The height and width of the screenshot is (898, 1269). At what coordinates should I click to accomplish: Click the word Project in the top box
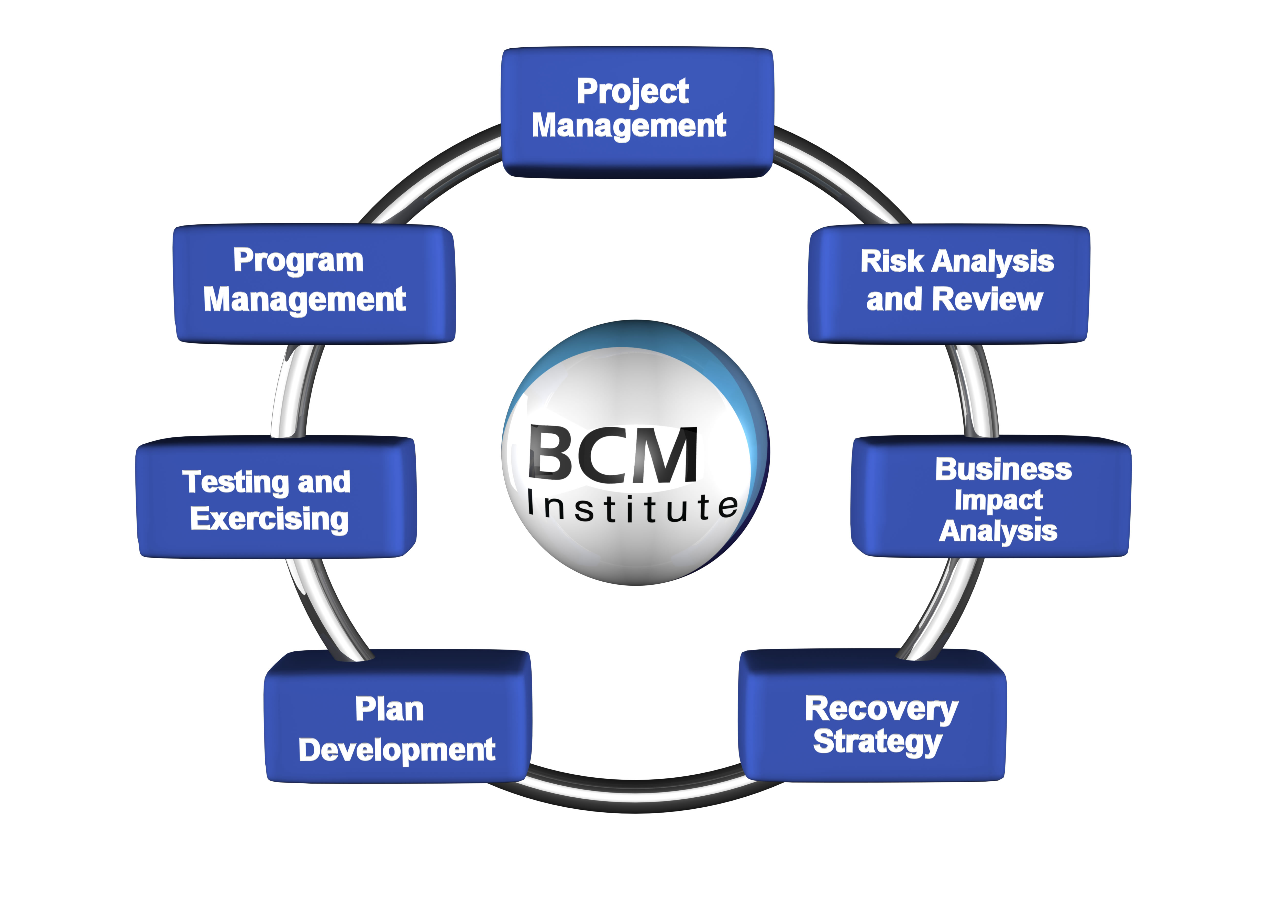[x=633, y=92]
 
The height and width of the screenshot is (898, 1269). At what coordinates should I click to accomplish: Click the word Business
[x=1003, y=469]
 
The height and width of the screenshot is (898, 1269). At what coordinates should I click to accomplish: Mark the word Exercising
[x=269, y=520]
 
